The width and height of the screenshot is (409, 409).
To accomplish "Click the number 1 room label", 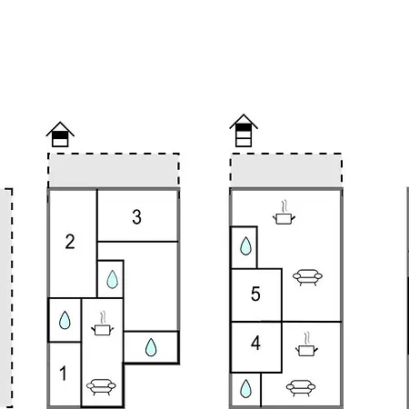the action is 63,373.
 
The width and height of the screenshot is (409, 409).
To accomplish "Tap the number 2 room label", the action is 70,242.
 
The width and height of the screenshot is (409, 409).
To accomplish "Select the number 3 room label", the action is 136,217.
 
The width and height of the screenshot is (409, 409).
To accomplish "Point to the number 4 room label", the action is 255,344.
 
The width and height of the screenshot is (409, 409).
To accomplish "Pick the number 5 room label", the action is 255,294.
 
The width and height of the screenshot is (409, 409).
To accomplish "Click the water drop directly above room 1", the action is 65,320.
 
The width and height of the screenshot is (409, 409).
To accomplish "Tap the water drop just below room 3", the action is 113,279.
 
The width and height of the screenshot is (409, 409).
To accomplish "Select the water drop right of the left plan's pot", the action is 151,347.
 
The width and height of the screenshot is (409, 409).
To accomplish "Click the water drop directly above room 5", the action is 245,246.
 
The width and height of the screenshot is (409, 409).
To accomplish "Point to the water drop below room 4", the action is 245,388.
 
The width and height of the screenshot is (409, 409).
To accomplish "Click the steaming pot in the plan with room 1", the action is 103,324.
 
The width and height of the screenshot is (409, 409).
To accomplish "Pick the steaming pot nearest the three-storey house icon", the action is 284,213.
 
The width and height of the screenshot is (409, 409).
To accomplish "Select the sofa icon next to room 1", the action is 101,387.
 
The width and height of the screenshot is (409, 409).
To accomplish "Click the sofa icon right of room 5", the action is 307,277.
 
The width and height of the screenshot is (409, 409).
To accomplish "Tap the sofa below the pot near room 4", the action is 301,388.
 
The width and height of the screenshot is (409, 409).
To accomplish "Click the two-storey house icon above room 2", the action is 60,135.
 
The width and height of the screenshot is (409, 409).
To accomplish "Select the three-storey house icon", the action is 244,131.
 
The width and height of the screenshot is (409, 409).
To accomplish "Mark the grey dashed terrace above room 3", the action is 114,171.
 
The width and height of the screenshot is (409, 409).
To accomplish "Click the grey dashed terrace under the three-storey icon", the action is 286,171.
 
